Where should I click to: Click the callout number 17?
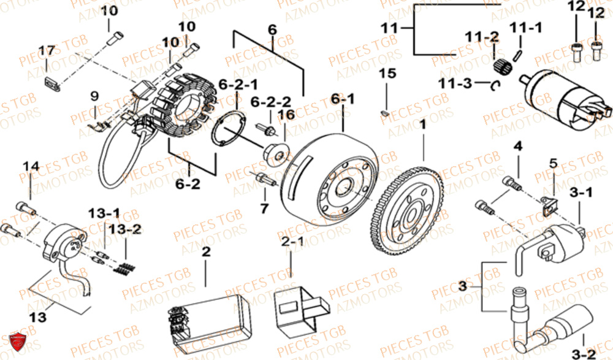pos(47,50)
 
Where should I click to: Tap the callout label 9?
pos(94,96)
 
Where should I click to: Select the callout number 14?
pos(31,166)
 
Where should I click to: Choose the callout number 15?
pos(387,74)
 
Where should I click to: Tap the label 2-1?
pos(292,242)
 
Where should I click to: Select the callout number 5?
pos(553,163)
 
